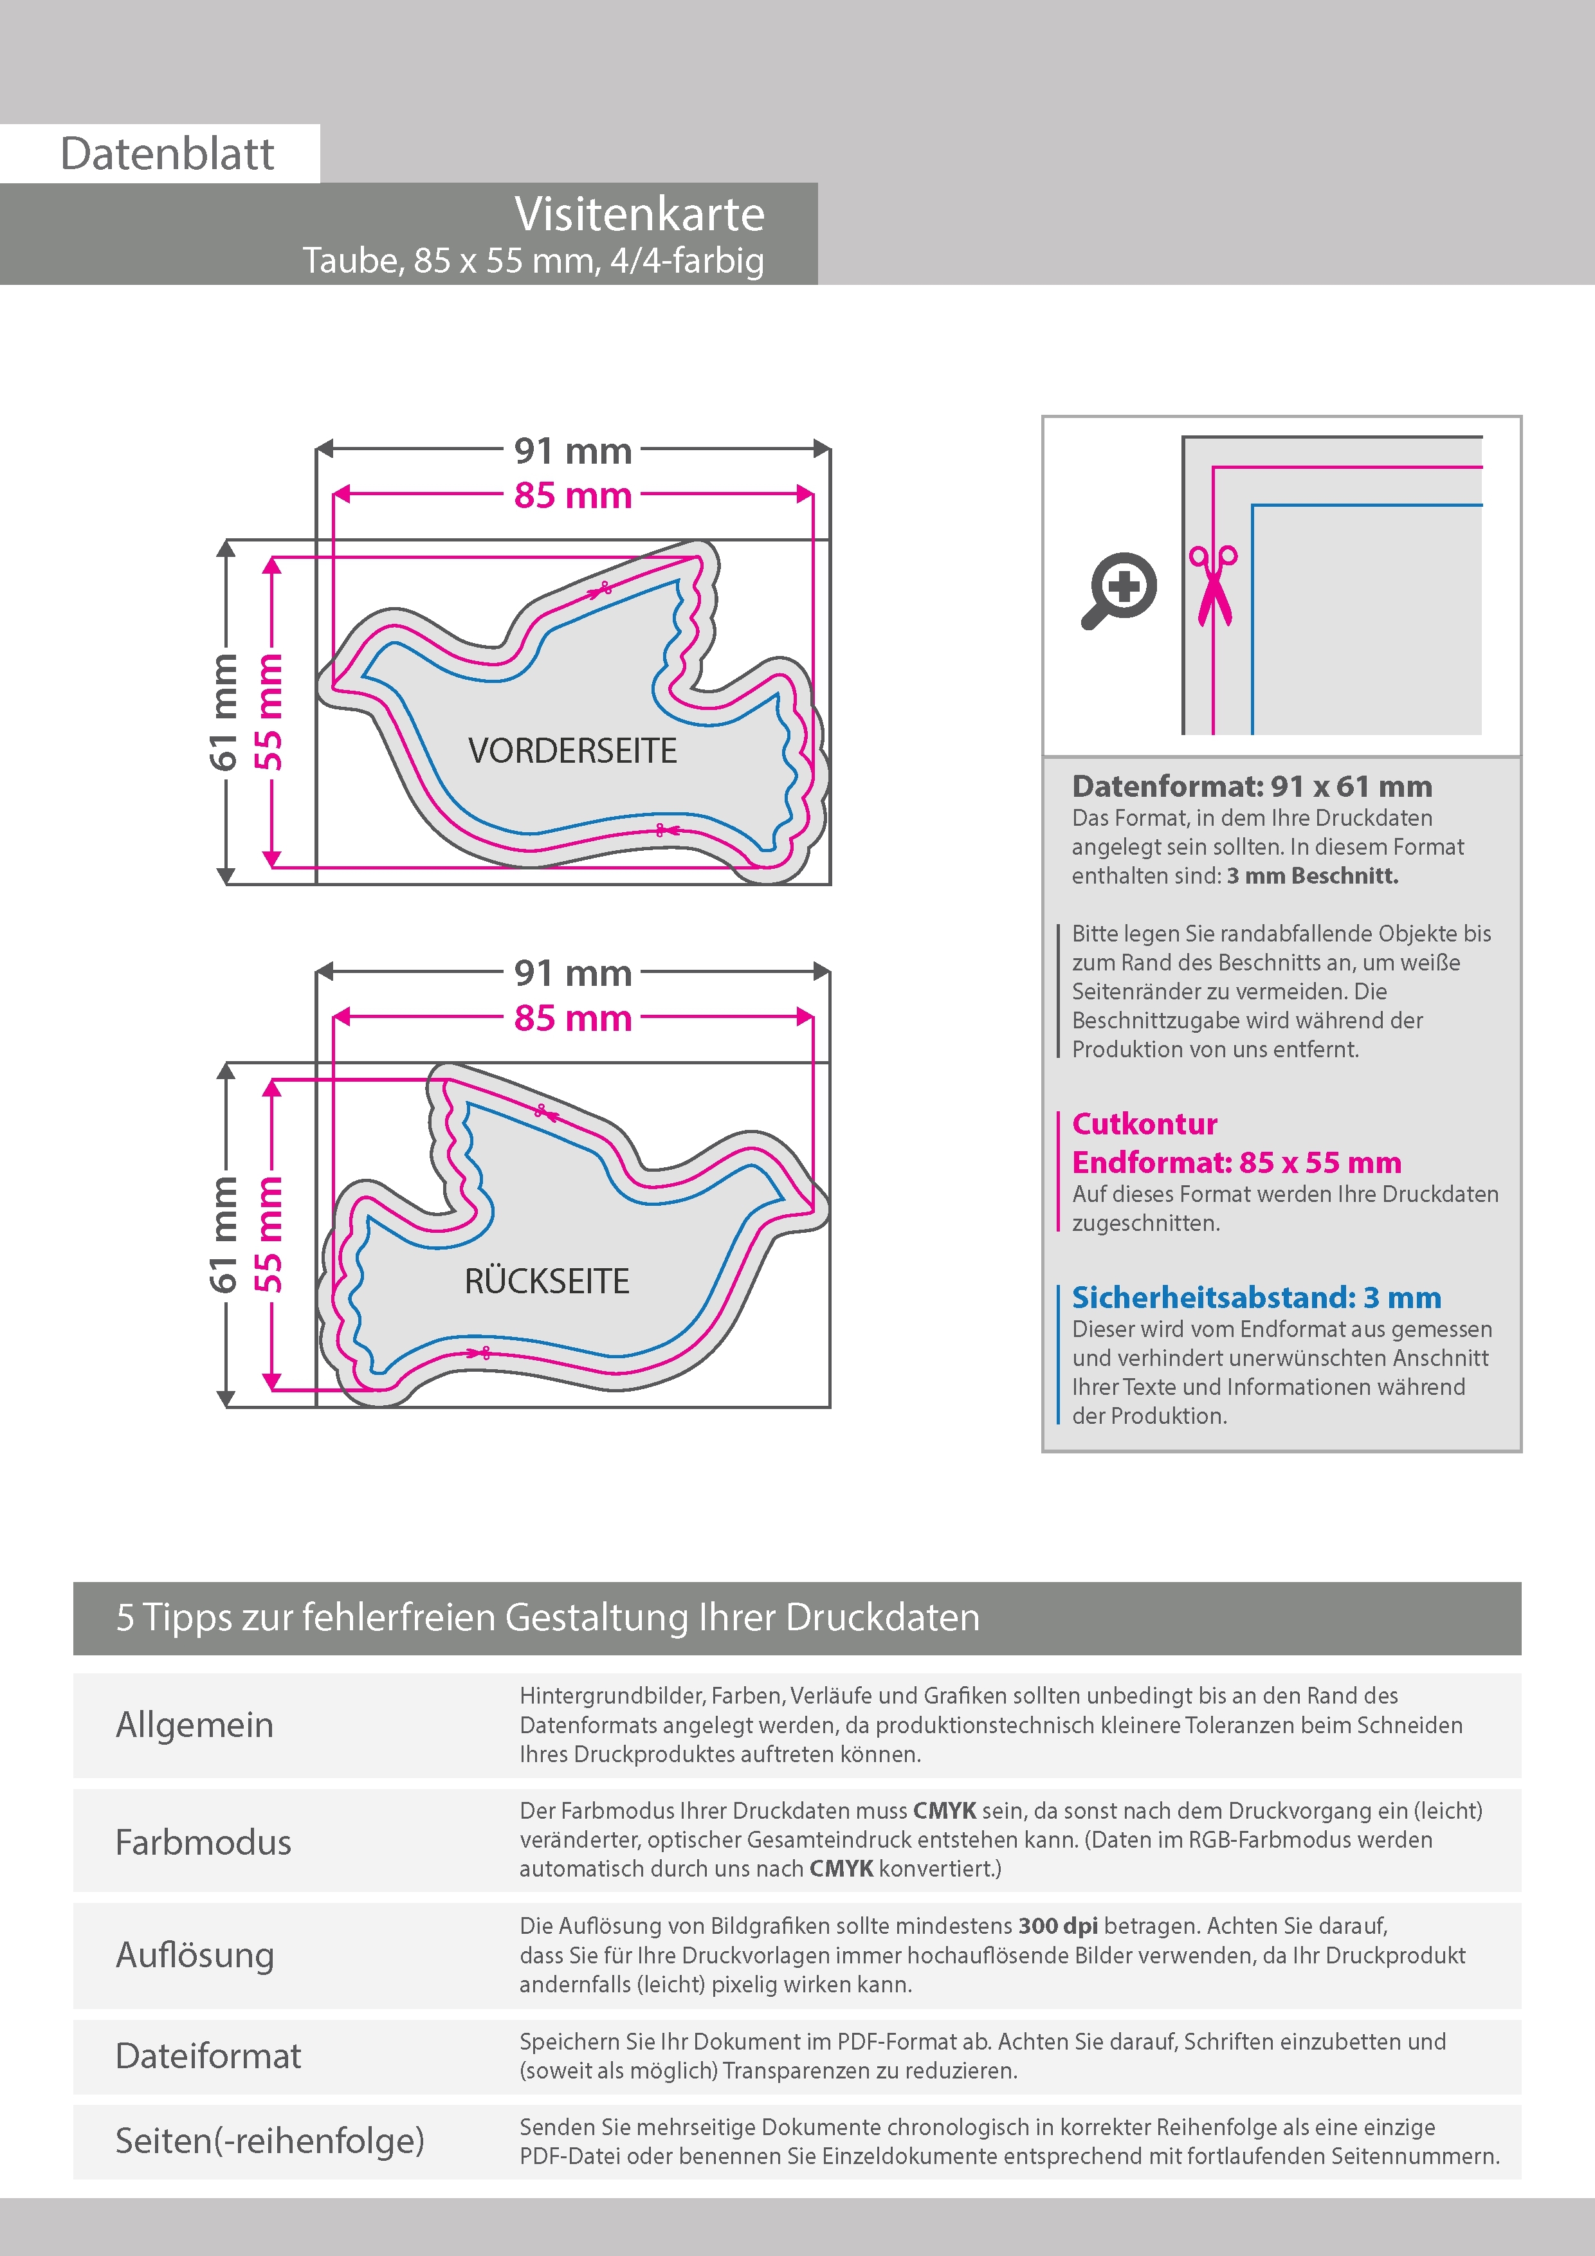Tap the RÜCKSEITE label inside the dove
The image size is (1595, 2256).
(x=547, y=1281)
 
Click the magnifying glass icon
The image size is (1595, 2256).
(x=1118, y=590)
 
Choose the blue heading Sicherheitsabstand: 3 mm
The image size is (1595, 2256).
(x=1256, y=1297)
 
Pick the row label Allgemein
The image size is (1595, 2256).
(x=195, y=1724)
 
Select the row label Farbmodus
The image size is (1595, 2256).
(x=203, y=1841)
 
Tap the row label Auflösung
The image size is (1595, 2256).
(x=195, y=1954)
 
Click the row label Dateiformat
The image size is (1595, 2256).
(x=208, y=2055)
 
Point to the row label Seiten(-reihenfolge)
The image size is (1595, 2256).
(x=269, y=2140)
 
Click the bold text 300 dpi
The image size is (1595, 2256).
(x=1057, y=1926)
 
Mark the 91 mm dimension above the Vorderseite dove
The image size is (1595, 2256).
(x=573, y=451)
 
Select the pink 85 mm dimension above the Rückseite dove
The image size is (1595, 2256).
(x=573, y=1018)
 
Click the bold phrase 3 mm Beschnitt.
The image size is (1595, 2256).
(x=1312, y=875)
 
